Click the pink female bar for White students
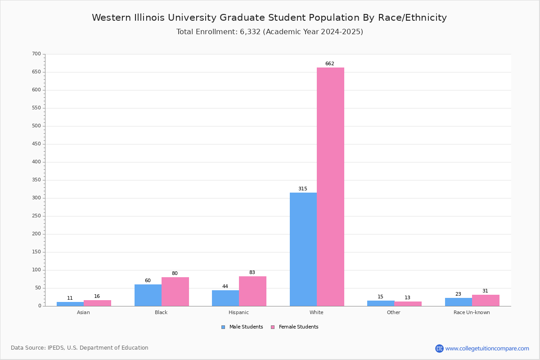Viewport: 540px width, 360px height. pos(330,187)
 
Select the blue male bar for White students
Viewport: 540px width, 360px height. pos(303,249)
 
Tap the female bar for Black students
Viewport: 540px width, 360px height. pos(175,292)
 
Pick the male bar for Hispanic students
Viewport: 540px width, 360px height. pos(225,298)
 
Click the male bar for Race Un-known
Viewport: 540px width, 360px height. pos(459,302)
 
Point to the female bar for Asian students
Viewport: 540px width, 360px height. pos(97,303)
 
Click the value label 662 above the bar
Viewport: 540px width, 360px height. pos(330,63)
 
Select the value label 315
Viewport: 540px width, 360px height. pos(303,189)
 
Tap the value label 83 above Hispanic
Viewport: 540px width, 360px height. pos(252,272)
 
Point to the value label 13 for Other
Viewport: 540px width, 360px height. pos(407,297)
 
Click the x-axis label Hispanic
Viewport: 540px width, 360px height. pos(238,312)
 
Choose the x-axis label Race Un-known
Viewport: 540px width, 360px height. pos(472,312)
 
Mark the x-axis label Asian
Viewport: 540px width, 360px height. pos(83,312)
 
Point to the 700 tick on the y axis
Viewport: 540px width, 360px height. pos(36,54)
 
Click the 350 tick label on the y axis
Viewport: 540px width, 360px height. pos(36,180)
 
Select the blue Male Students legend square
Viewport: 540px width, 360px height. pos(223,327)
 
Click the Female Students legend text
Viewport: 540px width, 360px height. pos(299,327)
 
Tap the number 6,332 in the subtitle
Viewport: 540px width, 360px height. pos(250,32)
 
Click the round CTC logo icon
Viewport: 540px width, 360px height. pos(439,348)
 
